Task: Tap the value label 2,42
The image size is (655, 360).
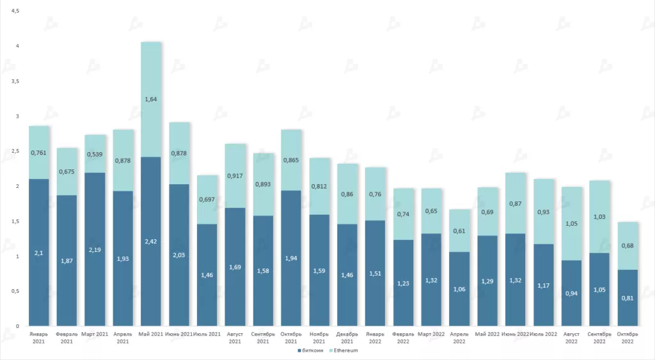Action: pyautogui.click(x=151, y=242)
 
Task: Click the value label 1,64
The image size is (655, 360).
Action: pyautogui.click(x=151, y=99)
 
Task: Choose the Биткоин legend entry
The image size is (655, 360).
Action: pyautogui.click(x=312, y=350)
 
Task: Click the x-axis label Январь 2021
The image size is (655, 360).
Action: pyautogui.click(x=39, y=337)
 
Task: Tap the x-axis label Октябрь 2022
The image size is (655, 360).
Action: pyautogui.click(x=627, y=337)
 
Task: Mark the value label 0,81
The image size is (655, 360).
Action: pyautogui.click(x=627, y=297)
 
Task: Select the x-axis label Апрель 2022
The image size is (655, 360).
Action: pyautogui.click(x=459, y=337)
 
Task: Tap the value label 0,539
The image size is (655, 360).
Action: pyautogui.click(x=95, y=154)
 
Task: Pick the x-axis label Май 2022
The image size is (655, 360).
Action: pyautogui.click(x=487, y=334)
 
